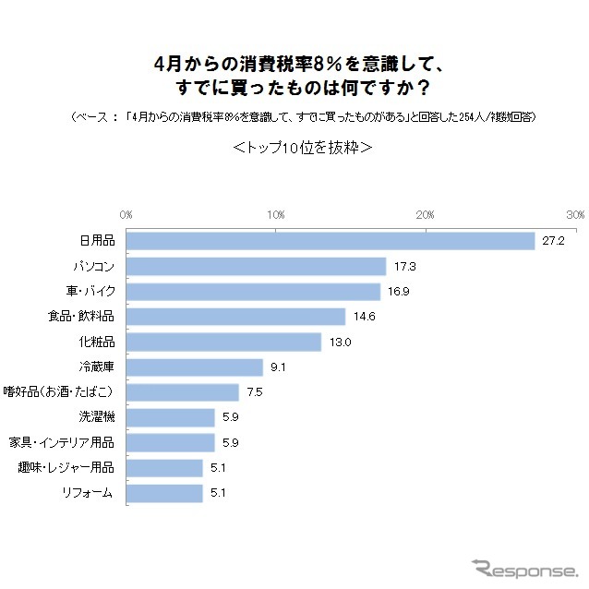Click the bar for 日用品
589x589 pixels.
tap(331, 241)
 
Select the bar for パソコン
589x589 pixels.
tap(256, 267)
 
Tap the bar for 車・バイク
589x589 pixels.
tap(253, 292)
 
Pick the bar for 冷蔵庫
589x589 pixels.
tap(195, 367)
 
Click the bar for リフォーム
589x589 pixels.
tap(164, 493)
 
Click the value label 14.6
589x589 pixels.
tap(363, 318)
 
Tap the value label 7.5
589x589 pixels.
tap(255, 392)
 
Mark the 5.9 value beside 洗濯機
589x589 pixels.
tap(231, 417)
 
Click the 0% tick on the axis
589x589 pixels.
tap(126, 214)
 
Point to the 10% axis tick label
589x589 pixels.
tap(275, 214)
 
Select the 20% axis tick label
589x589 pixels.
tap(425, 214)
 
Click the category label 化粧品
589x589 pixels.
tap(96, 343)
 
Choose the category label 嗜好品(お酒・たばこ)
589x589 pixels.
tap(61, 392)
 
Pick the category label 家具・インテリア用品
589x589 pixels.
tap(61, 442)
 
